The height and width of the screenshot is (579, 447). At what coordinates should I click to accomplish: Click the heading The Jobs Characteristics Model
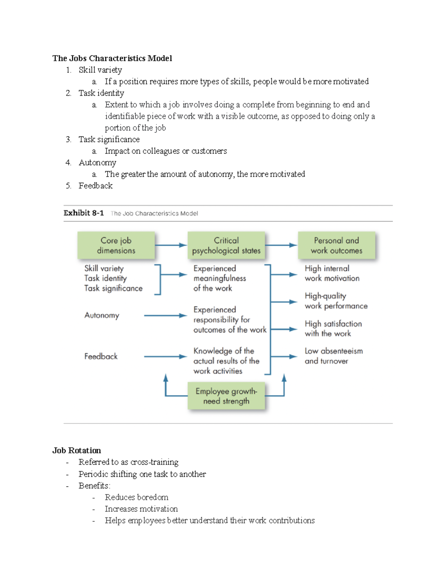[x=112, y=58]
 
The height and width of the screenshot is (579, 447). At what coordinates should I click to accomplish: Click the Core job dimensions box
[x=116, y=245]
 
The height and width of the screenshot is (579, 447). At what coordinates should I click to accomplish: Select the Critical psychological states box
[x=226, y=245]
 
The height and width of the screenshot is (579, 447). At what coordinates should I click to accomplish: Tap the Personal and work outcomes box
[x=336, y=245]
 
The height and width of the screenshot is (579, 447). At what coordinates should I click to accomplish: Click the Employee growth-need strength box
[x=226, y=396]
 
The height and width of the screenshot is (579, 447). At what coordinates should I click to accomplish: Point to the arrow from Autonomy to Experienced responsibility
[x=165, y=316]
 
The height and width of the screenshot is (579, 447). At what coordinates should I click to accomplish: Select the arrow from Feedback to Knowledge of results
[x=165, y=357]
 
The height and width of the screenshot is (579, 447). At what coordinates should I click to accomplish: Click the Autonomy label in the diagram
[x=102, y=315]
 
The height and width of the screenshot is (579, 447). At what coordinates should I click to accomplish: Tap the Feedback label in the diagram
[x=101, y=356]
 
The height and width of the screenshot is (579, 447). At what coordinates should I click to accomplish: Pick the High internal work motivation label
[x=332, y=273]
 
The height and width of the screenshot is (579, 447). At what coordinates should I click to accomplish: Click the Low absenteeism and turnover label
[x=333, y=356]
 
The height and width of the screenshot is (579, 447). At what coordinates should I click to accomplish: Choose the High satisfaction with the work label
[x=333, y=328]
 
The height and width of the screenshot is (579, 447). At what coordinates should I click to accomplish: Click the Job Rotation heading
[x=77, y=450]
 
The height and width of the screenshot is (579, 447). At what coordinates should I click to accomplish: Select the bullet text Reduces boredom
[x=136, y=497]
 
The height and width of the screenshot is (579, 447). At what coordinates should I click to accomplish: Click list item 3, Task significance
[x=109, y=139]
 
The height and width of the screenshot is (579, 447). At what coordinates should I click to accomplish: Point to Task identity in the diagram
[x=105, y=278]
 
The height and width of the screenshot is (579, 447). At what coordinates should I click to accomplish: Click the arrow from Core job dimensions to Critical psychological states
[x=171, y=245]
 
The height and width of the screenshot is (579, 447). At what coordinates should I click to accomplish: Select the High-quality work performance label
[x=336, y=301]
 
